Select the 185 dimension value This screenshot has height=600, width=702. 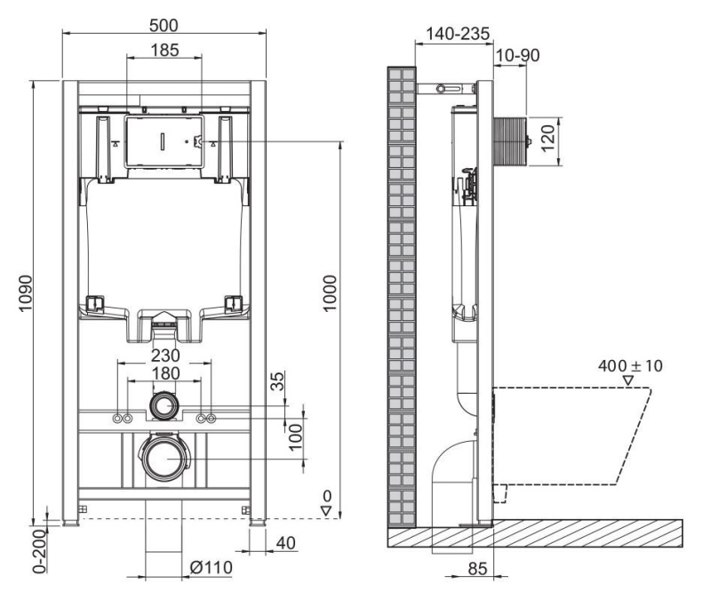coord(164,50)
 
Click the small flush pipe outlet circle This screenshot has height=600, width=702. coord(164,408)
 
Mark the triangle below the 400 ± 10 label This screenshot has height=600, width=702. coord(629,381)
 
